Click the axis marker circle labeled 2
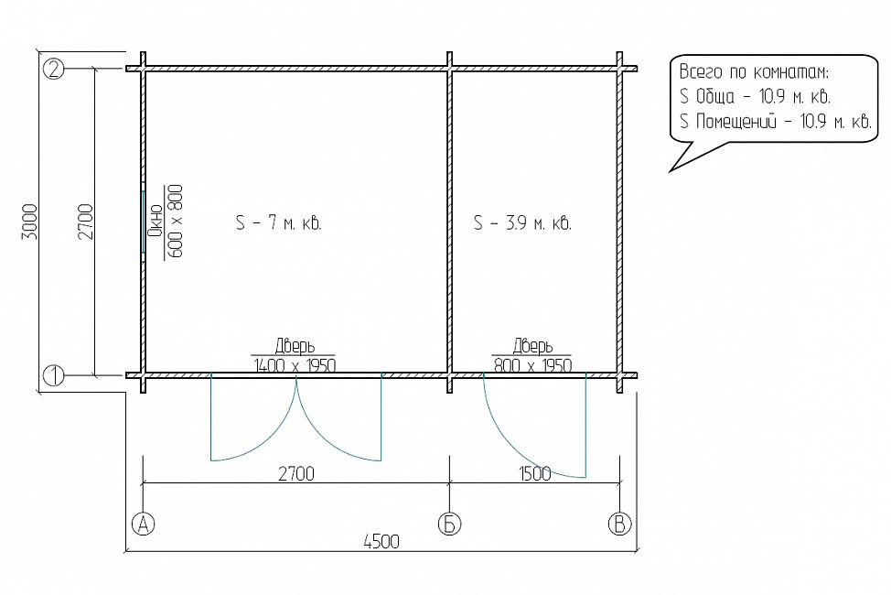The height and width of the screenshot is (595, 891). (x=53, y=69)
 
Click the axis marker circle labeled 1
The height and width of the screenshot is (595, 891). (x=53, y=375)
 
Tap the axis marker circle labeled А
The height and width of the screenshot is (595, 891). (x=143, y=524)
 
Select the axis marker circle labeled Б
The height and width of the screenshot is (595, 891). (x=449, y=524)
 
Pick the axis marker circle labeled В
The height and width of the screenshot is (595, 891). (x=619, y=524)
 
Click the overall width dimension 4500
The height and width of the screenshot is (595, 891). (x=381, y=542)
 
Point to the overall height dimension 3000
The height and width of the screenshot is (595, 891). (x=29, y=222)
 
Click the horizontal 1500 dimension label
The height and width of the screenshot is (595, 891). (x=534, y=473)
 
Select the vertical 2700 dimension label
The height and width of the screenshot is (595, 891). (x=85, y=222)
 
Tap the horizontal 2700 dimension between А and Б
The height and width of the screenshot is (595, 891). (x=296, y=473)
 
